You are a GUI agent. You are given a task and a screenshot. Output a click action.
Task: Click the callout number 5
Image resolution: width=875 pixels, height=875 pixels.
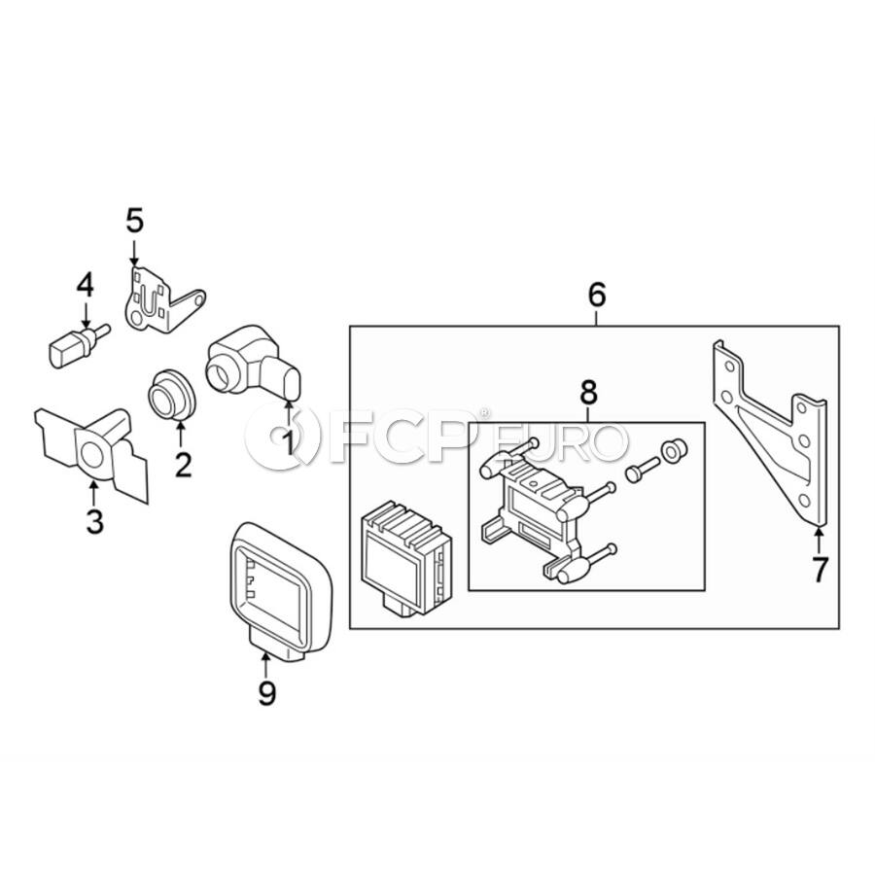coord(134,221)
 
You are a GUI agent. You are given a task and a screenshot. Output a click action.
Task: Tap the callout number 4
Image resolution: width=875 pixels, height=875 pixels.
coord(85,285)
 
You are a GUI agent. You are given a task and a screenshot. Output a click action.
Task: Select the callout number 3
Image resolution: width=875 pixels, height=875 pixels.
coord(95,521)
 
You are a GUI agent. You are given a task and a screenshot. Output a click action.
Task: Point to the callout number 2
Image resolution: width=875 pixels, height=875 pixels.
coord(183,465)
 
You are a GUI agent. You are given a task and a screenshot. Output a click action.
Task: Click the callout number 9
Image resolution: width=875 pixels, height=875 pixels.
coord(266,692)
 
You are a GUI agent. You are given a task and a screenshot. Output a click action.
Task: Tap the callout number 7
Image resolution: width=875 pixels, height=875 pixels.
coord(820,569)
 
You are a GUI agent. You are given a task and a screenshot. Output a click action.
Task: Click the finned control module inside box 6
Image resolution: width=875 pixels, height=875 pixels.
coord(406,558)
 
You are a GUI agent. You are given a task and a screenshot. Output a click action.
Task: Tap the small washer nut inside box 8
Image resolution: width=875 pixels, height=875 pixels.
coord(674,450)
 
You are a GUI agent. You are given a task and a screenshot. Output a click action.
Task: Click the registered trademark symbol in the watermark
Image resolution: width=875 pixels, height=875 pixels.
coord(484,413)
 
